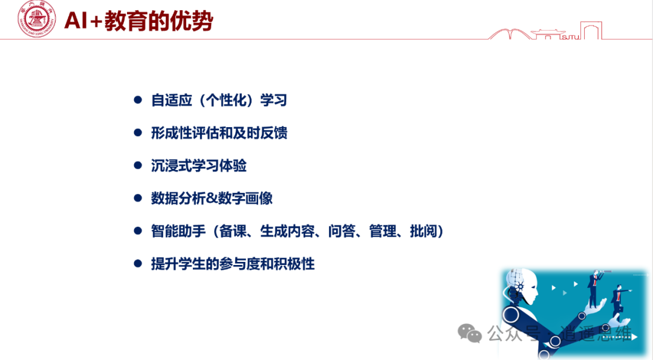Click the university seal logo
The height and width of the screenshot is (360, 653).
click(36, 19)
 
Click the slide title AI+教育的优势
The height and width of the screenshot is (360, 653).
click(138, 21)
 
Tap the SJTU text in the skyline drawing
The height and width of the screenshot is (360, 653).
click(570, 36)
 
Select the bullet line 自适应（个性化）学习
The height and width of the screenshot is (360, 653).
click(218, 100)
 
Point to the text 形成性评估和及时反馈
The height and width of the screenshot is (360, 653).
click(218, 133)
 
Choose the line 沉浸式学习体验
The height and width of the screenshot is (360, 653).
click(198, 165)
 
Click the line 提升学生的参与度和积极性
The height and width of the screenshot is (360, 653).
click(232, 264)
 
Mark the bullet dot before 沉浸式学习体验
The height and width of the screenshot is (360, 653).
click(137, 165)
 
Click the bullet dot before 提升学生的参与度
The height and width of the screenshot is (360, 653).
click(137, 264)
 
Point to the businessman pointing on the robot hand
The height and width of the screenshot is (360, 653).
click(618, 300)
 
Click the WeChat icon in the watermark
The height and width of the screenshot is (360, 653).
click(470, 332)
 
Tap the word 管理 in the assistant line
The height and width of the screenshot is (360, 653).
click(382, 231)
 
